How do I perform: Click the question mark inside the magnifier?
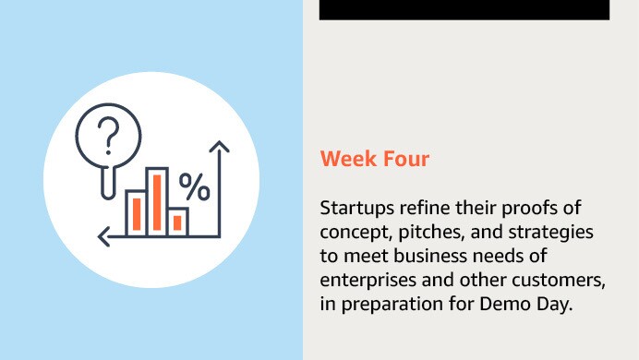tap(109, 135)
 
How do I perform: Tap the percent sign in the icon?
tap(194, 188)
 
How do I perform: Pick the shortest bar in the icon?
tap(178, 221)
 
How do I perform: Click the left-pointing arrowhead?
tap(104, 235)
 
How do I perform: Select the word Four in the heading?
tap(405, 159)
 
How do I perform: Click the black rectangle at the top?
tap(464, 9)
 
